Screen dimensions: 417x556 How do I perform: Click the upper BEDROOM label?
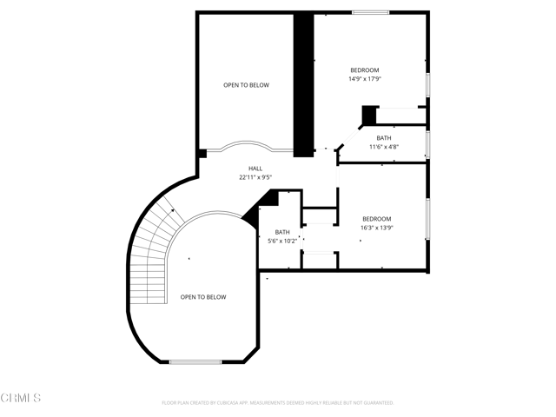(365, 69)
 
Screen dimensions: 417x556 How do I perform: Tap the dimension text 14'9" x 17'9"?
(365, 79)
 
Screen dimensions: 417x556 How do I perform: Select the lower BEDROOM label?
(376, 219)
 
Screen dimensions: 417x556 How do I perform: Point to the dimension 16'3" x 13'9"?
(376, 228)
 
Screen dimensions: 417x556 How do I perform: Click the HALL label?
(255, 169)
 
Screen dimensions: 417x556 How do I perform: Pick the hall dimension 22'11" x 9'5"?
(255, 177)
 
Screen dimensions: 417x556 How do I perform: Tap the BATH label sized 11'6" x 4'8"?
(383, 138)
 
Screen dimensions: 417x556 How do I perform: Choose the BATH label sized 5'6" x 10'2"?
(282, 232)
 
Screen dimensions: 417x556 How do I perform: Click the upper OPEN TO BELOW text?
(246, 85)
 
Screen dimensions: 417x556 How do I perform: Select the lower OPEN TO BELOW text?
(203, 297)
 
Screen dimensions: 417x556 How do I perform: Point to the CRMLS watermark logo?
(21, 399)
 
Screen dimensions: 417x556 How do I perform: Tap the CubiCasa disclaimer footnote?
(278, 403)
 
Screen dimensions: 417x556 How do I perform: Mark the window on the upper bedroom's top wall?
(370, 12)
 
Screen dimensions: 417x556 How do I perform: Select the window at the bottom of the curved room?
(195, 361)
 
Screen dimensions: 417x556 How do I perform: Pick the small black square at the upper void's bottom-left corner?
(202, 154)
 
